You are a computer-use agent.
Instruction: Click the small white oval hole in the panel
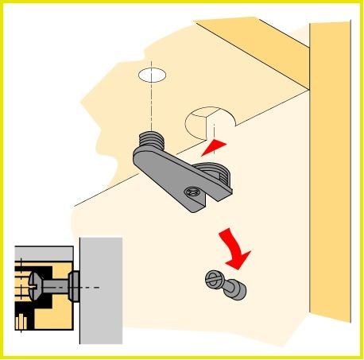pyautogui.click(x=153, y=75)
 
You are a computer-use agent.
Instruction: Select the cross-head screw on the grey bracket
pyautogui.click(x=191, y=192)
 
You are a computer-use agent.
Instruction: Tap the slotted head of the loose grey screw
pyautogui.click(x=213, y=281)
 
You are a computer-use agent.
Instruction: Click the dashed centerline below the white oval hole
pyautogui.click(x=153, y=107)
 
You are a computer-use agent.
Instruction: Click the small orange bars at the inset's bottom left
pyautogui.click(x=21, y=322)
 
